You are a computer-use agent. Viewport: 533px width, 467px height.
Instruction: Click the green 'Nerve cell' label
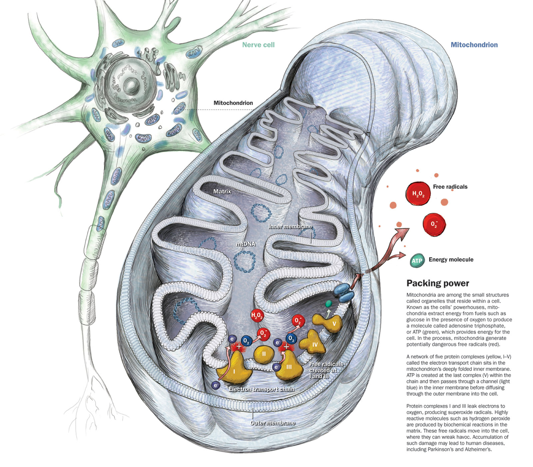point(258,45)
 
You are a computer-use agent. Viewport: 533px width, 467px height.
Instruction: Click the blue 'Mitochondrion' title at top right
point(474,45)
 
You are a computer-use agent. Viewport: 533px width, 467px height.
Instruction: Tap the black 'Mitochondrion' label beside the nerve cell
point(233,103)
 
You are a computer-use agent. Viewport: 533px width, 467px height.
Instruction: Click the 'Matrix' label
point(222,191)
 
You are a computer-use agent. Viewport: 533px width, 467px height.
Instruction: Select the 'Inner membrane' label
point(290,226)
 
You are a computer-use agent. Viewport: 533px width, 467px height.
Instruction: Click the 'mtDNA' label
point(246,244)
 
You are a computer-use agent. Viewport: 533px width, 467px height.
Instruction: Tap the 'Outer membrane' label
point(272,423)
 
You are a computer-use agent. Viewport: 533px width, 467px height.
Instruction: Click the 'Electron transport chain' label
point(261,389)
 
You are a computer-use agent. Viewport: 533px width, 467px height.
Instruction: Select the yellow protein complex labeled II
point(264,354)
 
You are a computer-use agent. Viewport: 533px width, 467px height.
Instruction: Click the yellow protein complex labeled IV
point(313,344)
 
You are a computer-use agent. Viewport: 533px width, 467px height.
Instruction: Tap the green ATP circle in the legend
point(417,261)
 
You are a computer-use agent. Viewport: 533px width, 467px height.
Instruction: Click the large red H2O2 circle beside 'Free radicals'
point(418,194)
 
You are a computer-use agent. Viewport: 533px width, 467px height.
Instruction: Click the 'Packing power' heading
point(437,283)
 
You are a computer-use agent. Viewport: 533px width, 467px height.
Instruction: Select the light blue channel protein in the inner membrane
point(345,292)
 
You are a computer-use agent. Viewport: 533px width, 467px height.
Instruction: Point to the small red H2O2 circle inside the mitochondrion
point(257,315)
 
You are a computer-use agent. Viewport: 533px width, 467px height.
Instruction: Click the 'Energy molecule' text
point(451,259)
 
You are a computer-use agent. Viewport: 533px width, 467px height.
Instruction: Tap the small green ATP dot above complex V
point(328,304)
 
